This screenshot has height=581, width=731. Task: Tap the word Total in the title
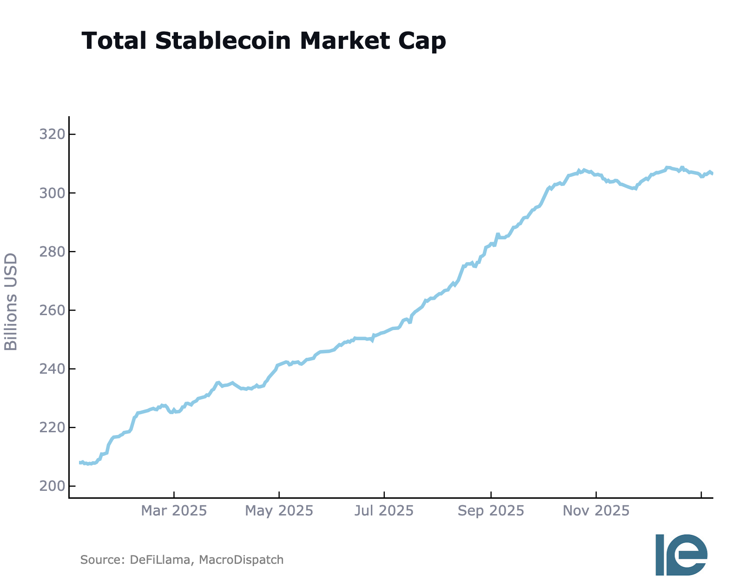[114, 41]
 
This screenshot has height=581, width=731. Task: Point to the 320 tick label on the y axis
[51, 135]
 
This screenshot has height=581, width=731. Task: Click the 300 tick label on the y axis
[51, 193]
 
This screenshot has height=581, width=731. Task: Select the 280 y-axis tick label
[51, 251]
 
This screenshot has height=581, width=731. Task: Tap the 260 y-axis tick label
[51, 310]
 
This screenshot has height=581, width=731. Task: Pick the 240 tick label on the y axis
[51, 369]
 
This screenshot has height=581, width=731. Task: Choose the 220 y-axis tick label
[51, 427]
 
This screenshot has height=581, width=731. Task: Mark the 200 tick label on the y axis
[51, 486]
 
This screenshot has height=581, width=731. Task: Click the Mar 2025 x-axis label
[174, 511]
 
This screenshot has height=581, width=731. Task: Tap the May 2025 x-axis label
[279, 511]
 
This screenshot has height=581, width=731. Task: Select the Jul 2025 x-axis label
[384, 511]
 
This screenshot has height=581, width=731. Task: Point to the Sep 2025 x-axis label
[491, 511]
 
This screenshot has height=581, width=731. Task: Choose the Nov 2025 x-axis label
[596, 511]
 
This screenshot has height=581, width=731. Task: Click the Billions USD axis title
[11, 302]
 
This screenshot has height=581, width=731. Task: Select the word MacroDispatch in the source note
[241, 560]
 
